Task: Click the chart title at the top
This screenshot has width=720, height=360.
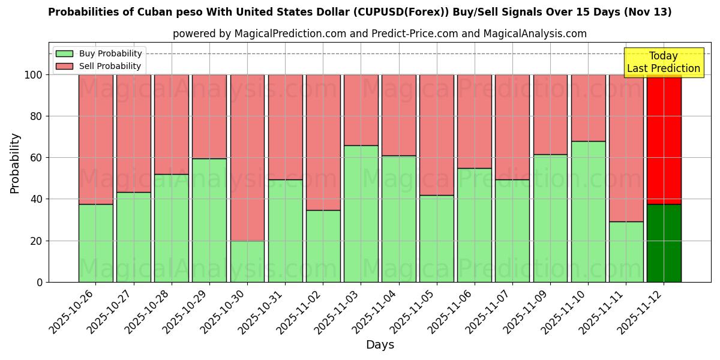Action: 359,12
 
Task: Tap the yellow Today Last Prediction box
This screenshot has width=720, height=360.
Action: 663,62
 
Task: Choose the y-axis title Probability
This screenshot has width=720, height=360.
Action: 15,163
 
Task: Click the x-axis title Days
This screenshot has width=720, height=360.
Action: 380,344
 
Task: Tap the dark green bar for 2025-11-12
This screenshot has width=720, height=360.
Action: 664,243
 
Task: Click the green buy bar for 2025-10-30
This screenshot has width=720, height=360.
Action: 247,262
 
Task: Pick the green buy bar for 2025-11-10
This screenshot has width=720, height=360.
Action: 588,212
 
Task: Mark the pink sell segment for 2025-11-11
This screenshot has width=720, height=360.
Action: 626,148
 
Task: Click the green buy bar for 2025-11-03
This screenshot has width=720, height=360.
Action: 361,214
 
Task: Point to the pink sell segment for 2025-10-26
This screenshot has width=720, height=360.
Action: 95,139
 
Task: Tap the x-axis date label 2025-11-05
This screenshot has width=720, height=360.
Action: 414,312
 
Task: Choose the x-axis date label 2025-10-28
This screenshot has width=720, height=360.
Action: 149,312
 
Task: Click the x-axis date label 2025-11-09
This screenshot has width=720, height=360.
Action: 527,312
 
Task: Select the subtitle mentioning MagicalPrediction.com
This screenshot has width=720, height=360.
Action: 380,34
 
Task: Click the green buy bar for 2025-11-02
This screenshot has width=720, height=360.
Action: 323,246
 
